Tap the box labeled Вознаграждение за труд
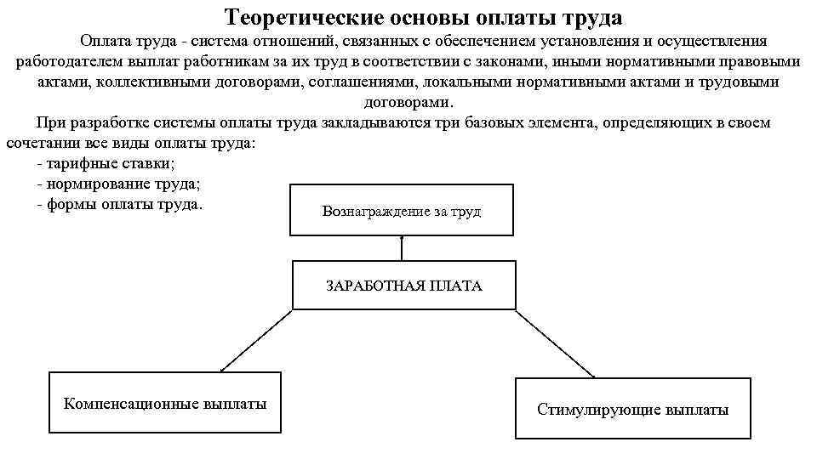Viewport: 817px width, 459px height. click(x=402, y=210)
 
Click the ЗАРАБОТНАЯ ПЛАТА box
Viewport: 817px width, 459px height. click(x=403, y=286)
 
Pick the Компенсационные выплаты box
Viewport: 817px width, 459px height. click(x=165, y=403)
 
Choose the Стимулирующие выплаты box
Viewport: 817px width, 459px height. click(x=632, y=409)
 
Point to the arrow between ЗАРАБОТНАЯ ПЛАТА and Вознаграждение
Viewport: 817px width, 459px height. click(x=402, y=247)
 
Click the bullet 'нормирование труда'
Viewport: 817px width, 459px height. click(x=122, y=184)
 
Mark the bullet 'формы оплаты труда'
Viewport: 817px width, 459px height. click(x=120, y=205)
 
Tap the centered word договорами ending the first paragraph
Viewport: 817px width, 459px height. click(x=407, y=102)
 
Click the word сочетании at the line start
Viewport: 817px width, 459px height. click(x=43, y=143)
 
